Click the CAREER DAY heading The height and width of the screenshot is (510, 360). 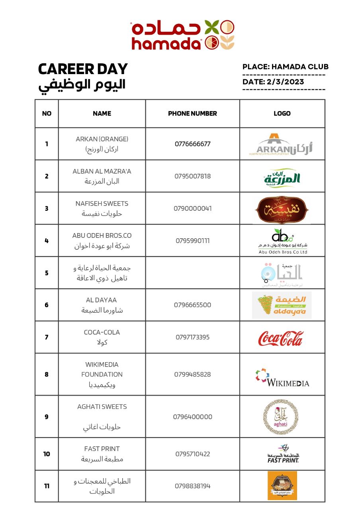83,69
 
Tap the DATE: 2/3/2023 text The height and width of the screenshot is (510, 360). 273,82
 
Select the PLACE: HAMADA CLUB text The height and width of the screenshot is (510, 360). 285,67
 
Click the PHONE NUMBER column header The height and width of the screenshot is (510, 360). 192,114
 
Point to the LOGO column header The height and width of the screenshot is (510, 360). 282,114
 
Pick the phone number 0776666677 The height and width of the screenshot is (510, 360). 192,144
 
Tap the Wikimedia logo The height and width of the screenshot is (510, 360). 282,377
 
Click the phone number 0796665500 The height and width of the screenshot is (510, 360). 192,305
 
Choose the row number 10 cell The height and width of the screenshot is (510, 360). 47,454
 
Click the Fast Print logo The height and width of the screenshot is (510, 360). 283,454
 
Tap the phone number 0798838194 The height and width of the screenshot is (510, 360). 192,486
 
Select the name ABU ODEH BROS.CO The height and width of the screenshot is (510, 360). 102,236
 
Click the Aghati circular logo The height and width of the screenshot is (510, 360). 280,417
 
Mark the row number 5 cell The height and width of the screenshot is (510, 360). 47,273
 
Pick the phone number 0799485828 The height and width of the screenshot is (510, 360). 192,375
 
